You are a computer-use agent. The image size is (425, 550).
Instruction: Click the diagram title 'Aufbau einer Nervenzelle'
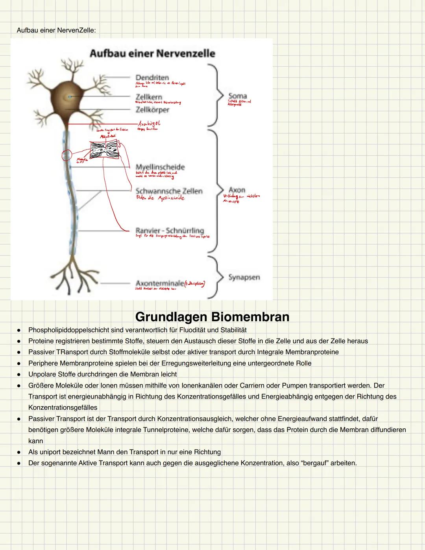(152, 54)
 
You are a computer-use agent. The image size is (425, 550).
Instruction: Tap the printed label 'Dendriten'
(152, 78)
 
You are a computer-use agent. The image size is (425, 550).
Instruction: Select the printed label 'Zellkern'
(149, 97)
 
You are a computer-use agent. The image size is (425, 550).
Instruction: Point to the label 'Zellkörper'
(152, 110)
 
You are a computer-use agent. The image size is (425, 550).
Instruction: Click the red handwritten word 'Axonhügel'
(149, 123)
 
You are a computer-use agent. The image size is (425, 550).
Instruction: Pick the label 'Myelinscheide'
(160, 167)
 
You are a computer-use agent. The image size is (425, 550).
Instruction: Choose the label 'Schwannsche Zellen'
(169, 191)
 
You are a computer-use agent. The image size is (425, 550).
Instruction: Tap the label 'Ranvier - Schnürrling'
(170, 230)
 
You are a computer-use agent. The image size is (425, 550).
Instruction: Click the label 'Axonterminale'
(160, 283)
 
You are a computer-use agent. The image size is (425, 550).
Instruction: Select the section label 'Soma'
(237, 96)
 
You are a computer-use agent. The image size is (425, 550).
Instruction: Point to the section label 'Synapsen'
(244, 277)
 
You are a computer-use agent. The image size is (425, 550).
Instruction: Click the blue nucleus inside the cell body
(69, 96)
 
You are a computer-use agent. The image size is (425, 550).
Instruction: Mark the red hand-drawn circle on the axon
(67, 155)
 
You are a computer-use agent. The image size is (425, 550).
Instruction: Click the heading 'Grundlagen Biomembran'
(212, 317)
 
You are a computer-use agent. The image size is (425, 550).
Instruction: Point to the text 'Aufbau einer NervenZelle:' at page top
(56, 30)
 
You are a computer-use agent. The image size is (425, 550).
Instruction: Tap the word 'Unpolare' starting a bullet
(42, 374)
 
